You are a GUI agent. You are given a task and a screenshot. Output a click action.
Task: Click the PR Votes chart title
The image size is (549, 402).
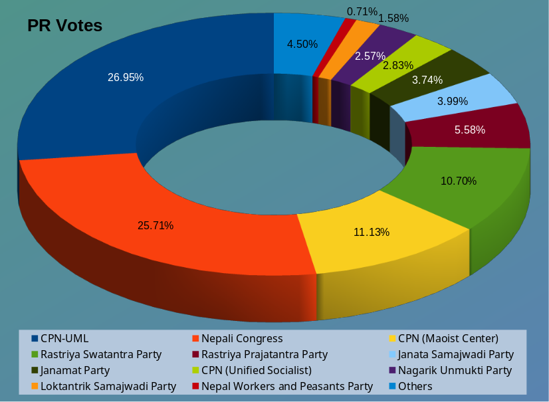[x=64, y=26]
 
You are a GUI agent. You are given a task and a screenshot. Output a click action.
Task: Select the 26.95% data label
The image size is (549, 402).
[x=126, y=77]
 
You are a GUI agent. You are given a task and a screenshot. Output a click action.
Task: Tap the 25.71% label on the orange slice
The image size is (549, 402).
[x=156, y=225]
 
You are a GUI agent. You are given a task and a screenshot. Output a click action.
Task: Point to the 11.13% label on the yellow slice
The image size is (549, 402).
[x=371, y=232]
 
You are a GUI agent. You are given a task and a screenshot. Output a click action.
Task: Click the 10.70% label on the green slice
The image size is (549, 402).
[x=459, y=181]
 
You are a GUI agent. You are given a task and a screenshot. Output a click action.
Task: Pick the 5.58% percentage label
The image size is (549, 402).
[x=470, y=130]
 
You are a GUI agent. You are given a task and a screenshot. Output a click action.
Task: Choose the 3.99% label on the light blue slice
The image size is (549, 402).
[x=453, y=101]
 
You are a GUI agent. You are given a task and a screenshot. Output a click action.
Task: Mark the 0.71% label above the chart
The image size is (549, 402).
[x=362, y=11]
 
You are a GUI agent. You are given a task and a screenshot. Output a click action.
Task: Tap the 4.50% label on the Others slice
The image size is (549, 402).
[x=302, y=44]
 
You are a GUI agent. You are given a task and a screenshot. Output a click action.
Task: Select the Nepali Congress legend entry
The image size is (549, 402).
[x=242, y=338]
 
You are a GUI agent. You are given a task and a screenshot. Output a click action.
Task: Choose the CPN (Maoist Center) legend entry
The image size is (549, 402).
[x=448, y=338]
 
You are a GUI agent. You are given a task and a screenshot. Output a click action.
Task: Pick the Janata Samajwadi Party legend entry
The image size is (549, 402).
[x=456, y=354]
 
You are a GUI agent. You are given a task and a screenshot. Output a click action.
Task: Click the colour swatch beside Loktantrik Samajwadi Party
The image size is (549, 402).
[x=35, y=386]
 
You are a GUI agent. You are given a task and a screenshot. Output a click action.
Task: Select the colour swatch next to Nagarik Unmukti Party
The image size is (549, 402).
[x=392, y=370]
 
